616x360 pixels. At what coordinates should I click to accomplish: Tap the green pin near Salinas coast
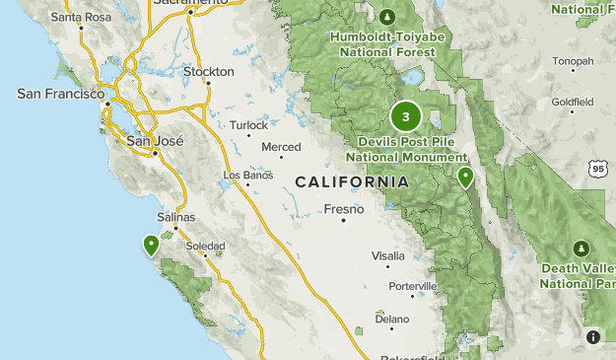pyautogui.click(x=151, y=244)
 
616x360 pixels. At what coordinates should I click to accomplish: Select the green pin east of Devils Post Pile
pyautogui.click(x=465, y=177)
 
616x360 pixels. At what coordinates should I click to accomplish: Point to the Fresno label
pyautogui.click(x=344, y=209)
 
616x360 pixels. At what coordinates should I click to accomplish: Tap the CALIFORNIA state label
pyautogui.click(x=352, y=182)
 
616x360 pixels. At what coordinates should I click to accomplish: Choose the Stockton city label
pyautogui.click(x=209, y=72)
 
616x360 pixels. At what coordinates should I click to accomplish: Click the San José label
pyautogui.click(x=156, y=141)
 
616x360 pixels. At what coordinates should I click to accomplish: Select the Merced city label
pyautogui.click(x=281, y=147)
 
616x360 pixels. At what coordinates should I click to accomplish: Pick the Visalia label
pyautogui.click(x=387, y=255)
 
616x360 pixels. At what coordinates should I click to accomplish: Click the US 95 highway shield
pyautogui.click(x=598, y=169)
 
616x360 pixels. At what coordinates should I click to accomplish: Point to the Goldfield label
pyautogui.click(x=573, y=102)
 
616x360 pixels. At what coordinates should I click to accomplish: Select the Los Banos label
pyautogui.click(x=245, y=176)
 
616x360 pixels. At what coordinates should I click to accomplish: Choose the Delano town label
pyautogui.click(x=391, y=319)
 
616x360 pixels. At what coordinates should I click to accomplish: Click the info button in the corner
pyautogui.click(x=593, y=337)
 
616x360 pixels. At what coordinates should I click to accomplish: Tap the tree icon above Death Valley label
pyautogui.click(x=582, y=247)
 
